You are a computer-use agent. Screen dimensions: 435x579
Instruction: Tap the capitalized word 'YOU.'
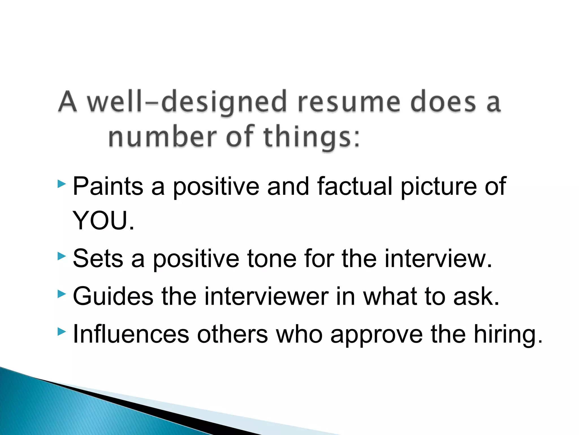pos(103,221)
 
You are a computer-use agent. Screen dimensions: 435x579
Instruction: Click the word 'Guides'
pos(113,296)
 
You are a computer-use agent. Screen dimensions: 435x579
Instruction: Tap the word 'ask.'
pos(477,296)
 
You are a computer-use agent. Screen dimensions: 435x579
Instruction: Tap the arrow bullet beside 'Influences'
pos(61,331)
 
